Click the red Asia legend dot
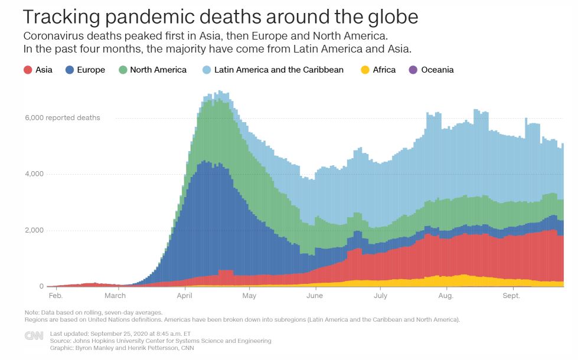pyautogui.click(x=28, y=70)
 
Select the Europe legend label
pyautogui.click(x=90, y=70)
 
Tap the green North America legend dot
pyautogui.click(x=123, y=70)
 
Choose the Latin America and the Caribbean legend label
pyautogui.click(x=279, y=70)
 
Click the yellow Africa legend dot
pyautogui.click(x=365, y=70)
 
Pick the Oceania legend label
pyautogui.click(x=437, y=70)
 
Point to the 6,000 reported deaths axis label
pyautogui.click(x=63, y=118)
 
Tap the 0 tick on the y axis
pyautogui.click(x=41, y=287)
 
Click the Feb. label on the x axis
pyautogui.click(x=55, y=296)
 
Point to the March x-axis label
pyautogui.click(x=115, y=296)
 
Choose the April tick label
pyautogui.click(x=185, y=296)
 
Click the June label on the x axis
pyautogui.click(x=315, y=296)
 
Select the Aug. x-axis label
pyautogui.click(x=446, y=296)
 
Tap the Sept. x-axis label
pyautogui.click(x=511, y=296)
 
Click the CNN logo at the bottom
pyautogui.click(x=34, y=336)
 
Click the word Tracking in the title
pyautogui.click(x=59, y=17)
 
